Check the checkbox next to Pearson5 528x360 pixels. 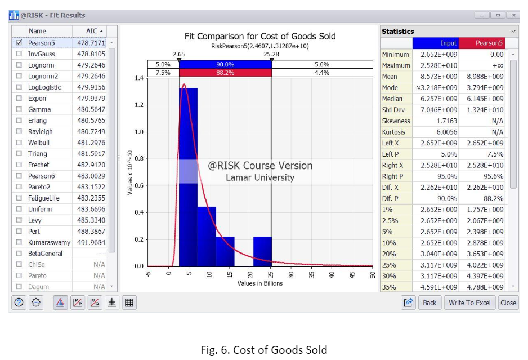coord(19,42)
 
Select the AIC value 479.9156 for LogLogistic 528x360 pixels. coord(91,87)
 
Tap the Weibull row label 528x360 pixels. coord(39,143)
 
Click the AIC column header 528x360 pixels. coord(93,31)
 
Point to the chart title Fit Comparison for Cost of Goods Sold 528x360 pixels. coord(260,36)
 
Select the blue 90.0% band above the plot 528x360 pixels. coord(225,64)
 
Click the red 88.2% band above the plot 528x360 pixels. coord(225,73)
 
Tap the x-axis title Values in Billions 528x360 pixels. coord(260,283)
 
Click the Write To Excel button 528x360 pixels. coord(469,303)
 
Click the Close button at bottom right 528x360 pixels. coord(508,303)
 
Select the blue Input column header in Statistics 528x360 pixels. coord(436,43)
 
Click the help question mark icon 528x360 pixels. coord(19,303)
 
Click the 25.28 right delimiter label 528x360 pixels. coord(271,54)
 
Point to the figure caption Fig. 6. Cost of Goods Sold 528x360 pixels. coord(264,349)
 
